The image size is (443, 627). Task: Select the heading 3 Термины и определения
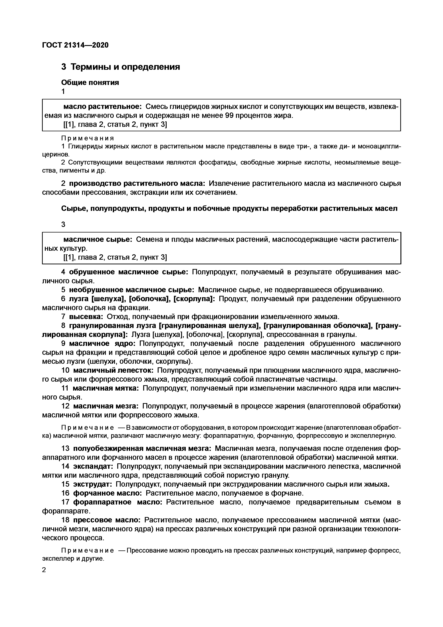(120, 67)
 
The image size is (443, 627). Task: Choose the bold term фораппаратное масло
(118, 502)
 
